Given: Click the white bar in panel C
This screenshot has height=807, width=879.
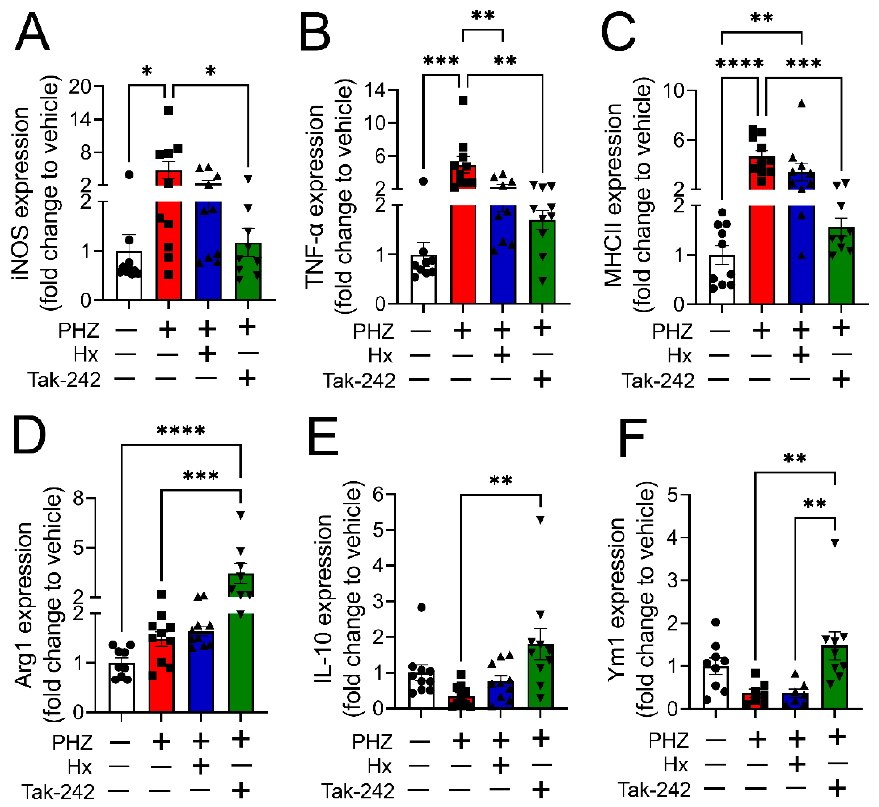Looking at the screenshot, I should coord(722,280).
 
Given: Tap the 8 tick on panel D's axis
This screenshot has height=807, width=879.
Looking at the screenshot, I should coord(78,498).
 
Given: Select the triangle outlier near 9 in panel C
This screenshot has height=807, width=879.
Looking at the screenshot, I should coord(801,103).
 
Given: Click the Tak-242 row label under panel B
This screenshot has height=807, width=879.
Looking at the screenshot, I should coord(359,381).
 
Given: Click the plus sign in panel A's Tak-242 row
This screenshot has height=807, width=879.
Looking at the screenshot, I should coord(247,378).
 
